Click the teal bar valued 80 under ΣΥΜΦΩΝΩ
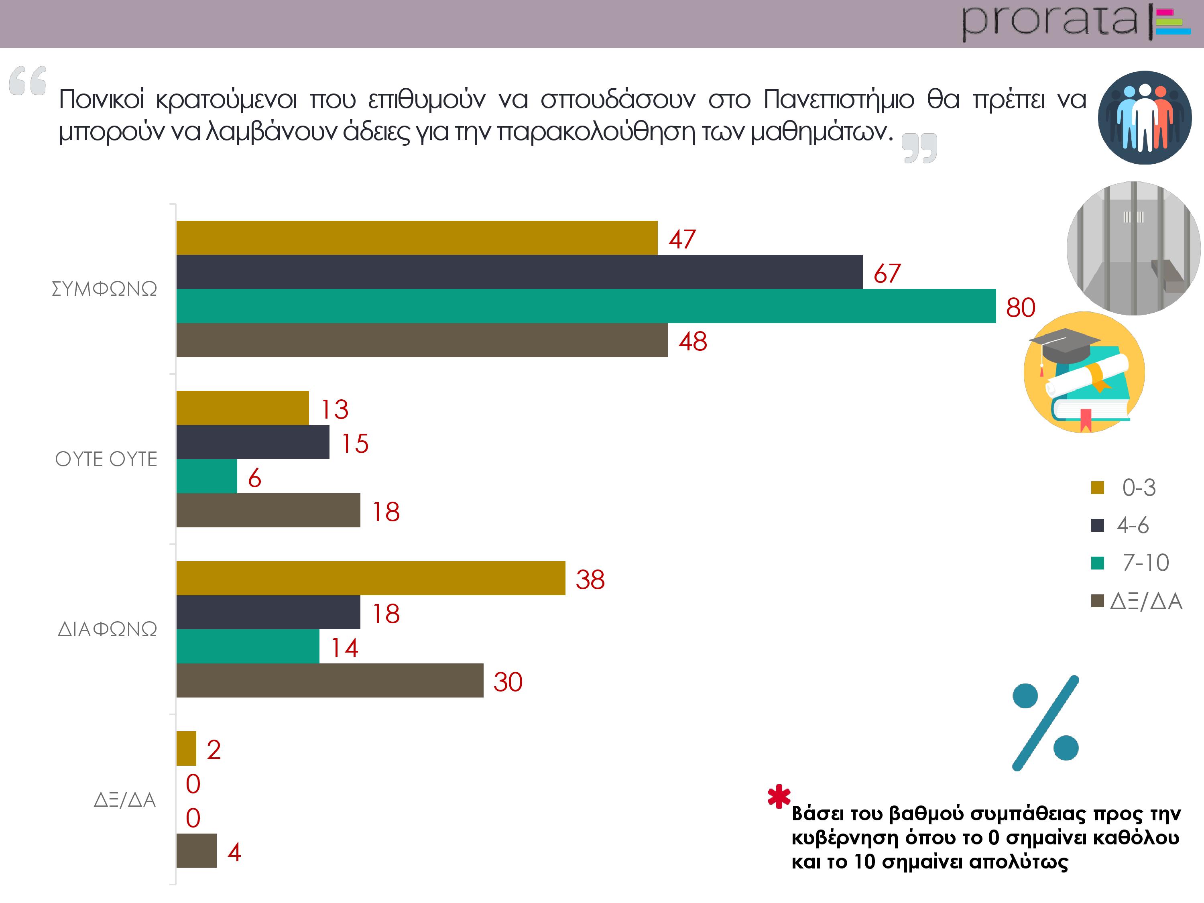[586, 306]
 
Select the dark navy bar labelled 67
[519, 272]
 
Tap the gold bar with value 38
[371, 578]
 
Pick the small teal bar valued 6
[207, 476]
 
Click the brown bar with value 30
[330, 680]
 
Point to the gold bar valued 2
[186, 748]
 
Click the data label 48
[692, 341]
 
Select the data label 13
[334, 409]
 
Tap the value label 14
[344, 648]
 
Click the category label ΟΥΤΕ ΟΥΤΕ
[106, 459]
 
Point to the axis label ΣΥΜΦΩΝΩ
[104, 289]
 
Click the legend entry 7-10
[1145, 563]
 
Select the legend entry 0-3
[1139, 488]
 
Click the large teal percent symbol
[1045, 723]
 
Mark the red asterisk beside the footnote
[779, 797]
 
